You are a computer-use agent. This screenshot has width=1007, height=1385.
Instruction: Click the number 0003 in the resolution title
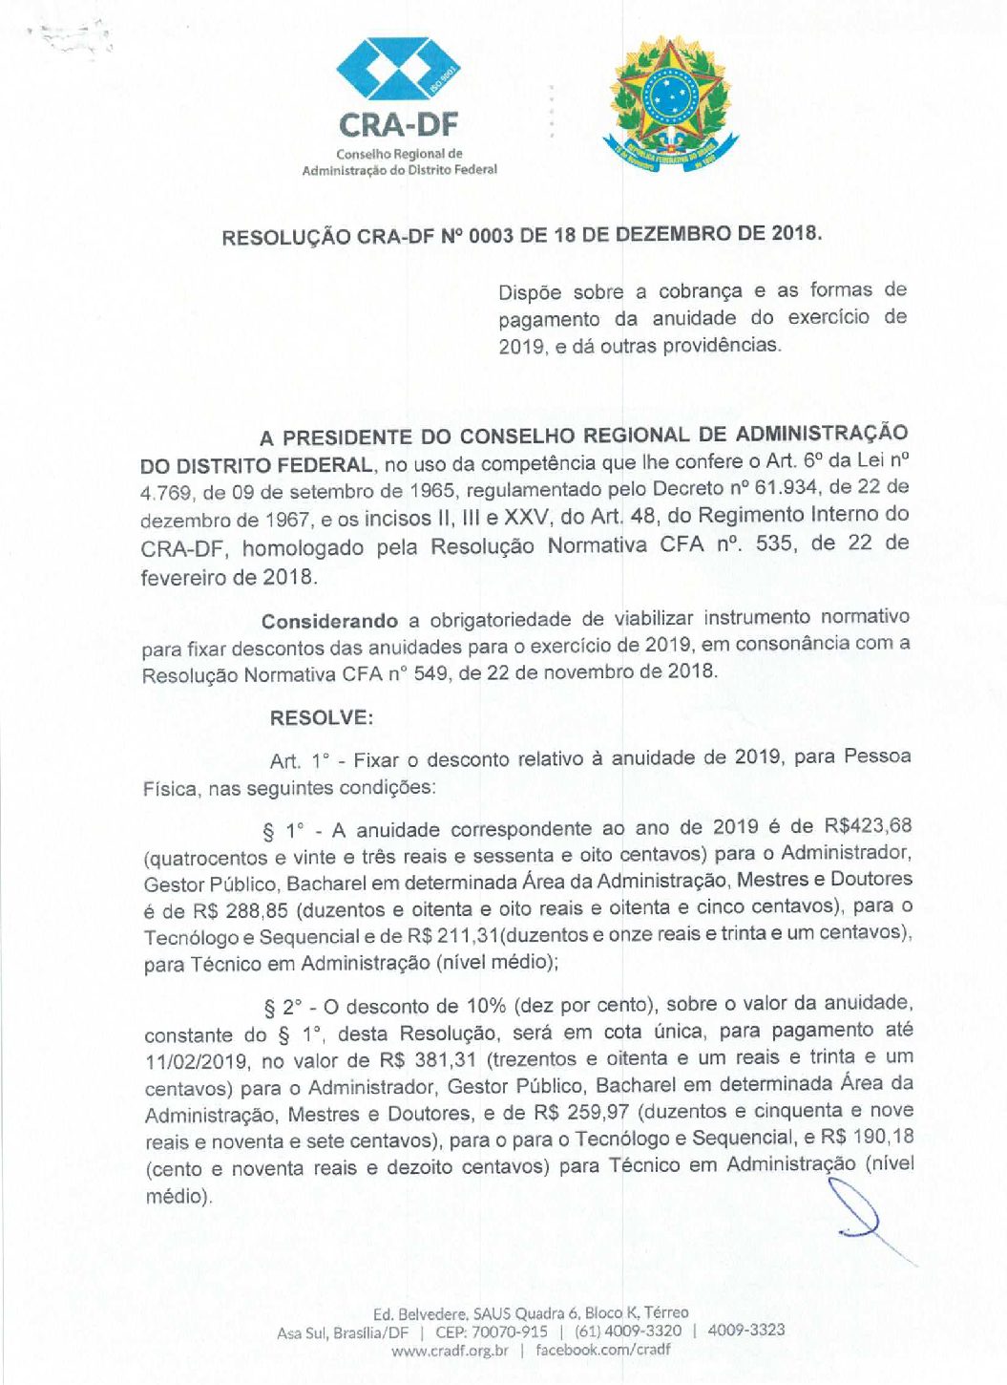click(x=491, y=236)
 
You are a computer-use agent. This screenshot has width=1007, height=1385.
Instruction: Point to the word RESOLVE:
click(x=322, y=718)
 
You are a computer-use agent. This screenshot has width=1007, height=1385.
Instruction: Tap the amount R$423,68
click(x=868, y=825)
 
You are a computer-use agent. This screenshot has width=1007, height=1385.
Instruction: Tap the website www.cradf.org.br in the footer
click(x=450, y=1351)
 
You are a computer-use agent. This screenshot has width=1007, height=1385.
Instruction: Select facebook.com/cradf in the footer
click(x=602, y=1350)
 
